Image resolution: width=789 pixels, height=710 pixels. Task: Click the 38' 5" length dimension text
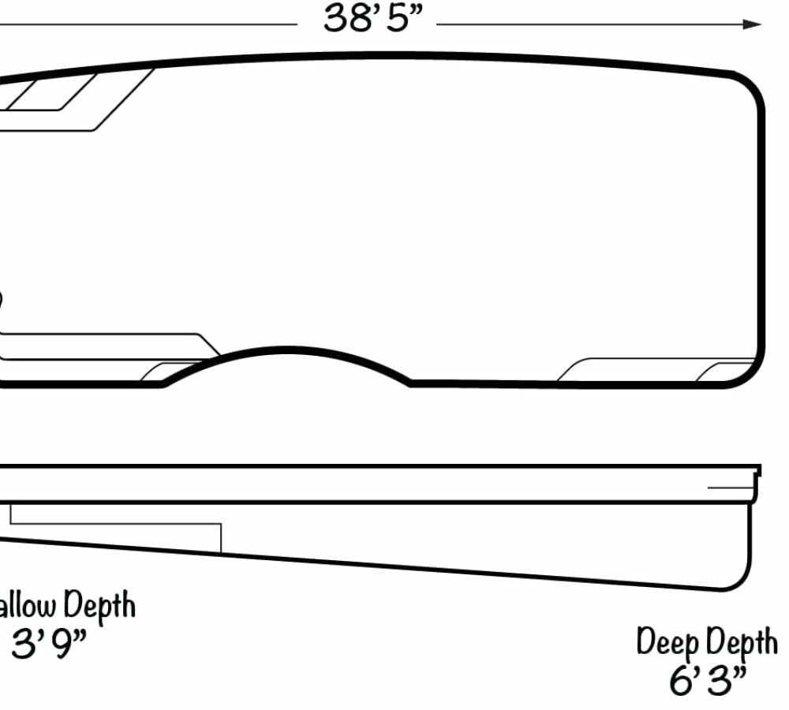pyautogui.click(x=368, y=19)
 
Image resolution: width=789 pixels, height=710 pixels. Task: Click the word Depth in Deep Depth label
pyautogui.click(x=741, y=644)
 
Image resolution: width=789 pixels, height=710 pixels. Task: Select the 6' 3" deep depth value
pyautogui.click(x=708, y=681)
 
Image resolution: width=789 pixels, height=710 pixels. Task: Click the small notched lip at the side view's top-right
pyautogui.click(x=757, y=472)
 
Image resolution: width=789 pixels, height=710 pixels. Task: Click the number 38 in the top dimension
pyautogui.click(x=341, y=19)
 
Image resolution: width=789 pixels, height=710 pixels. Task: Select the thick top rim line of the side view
pyautogui.click(x=394, y=466)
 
